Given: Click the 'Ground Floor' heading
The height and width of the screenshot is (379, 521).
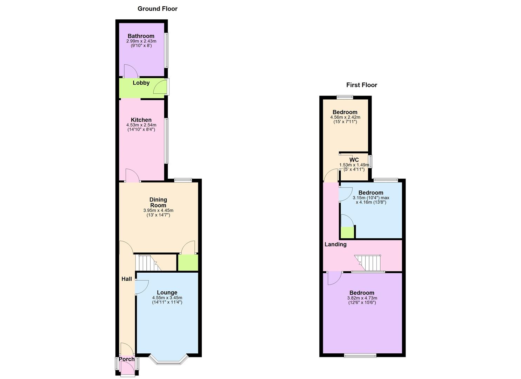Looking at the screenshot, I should point(157,9).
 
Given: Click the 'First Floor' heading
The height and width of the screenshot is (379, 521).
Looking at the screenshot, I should point(361,85).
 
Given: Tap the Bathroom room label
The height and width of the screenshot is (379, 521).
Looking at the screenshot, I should point(141,36).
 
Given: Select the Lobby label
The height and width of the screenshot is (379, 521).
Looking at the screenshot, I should point(141,83).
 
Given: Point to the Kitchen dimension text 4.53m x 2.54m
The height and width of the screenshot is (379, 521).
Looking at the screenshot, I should point(141,125).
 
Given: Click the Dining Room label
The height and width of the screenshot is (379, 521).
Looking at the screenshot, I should point(158,202).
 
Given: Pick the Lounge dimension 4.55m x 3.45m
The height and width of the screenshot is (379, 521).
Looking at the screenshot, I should point(167,298).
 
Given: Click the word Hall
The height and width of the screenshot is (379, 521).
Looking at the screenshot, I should point(127,279).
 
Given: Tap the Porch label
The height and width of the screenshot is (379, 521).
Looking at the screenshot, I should point(127,359).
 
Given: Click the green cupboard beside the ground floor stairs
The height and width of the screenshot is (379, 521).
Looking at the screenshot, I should point(188,262).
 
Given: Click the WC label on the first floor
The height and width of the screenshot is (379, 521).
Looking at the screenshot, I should point(354,160).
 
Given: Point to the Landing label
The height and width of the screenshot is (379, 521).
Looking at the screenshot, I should point(335,245).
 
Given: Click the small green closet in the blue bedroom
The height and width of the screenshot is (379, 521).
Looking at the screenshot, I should point(347,232).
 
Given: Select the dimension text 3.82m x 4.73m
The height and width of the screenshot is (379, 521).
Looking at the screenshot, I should point(362,298).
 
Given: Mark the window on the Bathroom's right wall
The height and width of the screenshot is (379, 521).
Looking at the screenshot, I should point(167,50).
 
